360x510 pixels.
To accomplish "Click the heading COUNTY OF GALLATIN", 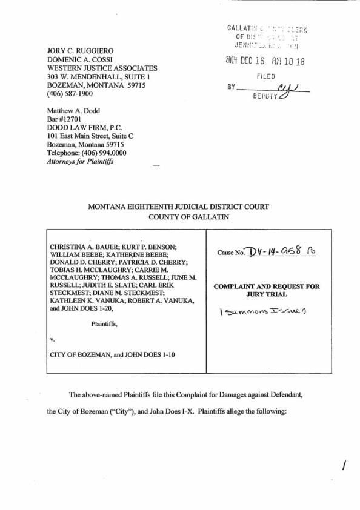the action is pos(179,217).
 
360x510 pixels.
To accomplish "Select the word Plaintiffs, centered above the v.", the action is pos(104,324).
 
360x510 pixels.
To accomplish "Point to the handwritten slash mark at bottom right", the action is pos(345,465).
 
